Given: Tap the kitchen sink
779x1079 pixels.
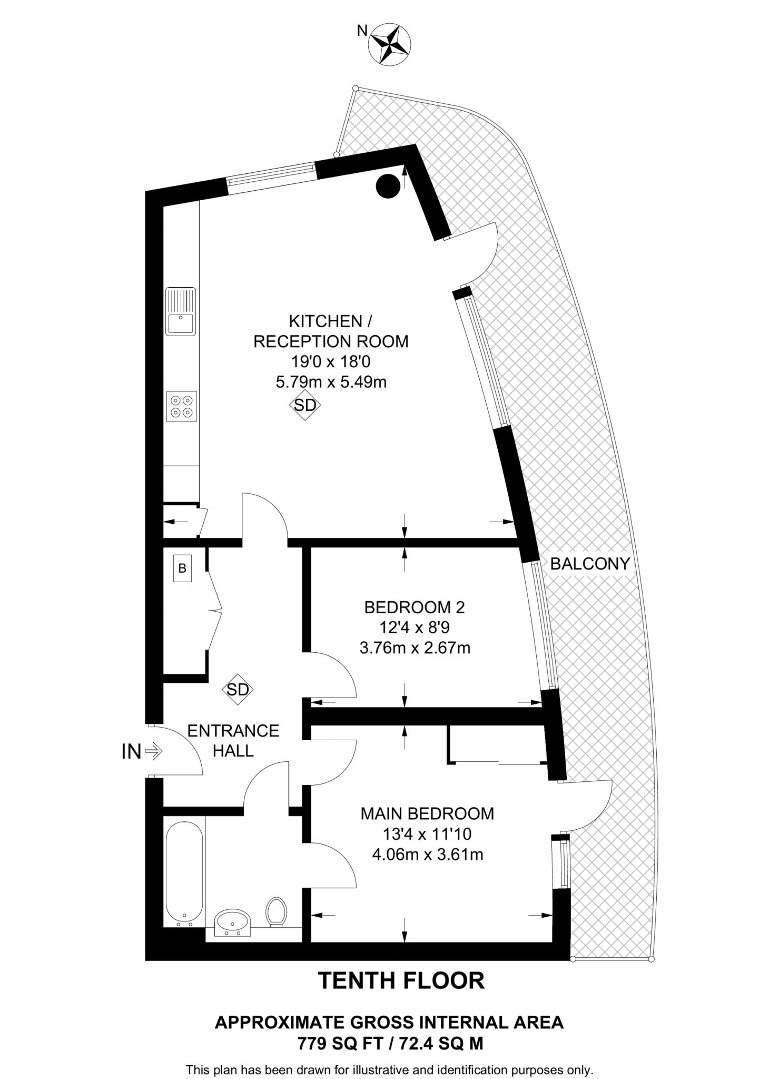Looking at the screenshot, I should (180, 311).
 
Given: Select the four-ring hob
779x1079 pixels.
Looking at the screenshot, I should (181, 406).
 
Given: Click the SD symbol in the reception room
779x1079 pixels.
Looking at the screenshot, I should (305, 405).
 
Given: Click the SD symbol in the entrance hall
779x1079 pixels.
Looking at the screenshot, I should (238, 689).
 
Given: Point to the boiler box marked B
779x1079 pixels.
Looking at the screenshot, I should (182, 568).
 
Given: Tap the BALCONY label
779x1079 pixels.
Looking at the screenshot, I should (590, 564).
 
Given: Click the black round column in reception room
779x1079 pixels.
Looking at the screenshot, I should (388, 185).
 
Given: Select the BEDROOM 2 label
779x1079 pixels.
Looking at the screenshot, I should (415, 607).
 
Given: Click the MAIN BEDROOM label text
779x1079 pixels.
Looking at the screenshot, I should (427, 813).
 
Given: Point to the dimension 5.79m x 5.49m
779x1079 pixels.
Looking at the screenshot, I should (331, 381).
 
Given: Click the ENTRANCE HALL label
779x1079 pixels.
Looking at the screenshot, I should (233, 740).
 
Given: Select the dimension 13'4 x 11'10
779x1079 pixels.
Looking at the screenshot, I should (427, 834).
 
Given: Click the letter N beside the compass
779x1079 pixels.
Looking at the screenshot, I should (362, 31).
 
